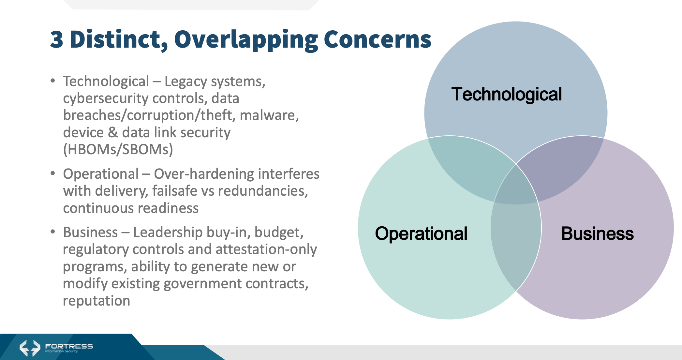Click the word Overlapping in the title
246,40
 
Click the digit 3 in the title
57,39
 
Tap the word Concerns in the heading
378,39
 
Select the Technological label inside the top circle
507,94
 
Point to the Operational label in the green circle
421,233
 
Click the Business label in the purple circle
597,233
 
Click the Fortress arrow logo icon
30,348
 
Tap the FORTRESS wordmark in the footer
69,346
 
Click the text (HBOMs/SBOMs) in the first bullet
118,149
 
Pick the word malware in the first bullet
269,115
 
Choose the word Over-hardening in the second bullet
204,174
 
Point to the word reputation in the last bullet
96,301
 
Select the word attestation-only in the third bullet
266,249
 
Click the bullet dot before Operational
53,173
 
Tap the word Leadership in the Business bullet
168,232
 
